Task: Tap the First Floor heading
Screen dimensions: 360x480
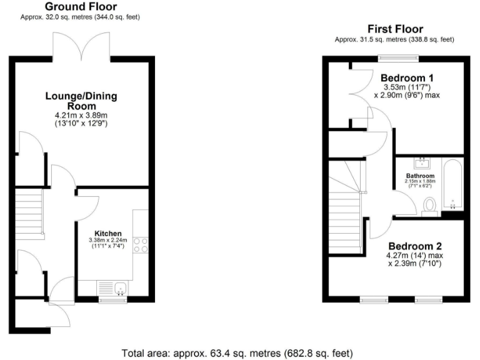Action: click(x=395, y=29)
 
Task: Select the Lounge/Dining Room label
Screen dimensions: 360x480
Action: click(x=81, y=101)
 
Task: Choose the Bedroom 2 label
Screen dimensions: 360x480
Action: click(x=413, y=246)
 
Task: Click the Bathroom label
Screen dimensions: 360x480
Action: click(x=420, y=176)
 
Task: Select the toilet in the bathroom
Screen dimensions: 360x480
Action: click(x=429, y=206)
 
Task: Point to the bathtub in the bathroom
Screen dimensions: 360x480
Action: click(x=452, y=185)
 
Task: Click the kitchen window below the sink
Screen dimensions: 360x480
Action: click(x=112, y=300)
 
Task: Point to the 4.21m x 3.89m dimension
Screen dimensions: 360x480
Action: click(x=81, y=116)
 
